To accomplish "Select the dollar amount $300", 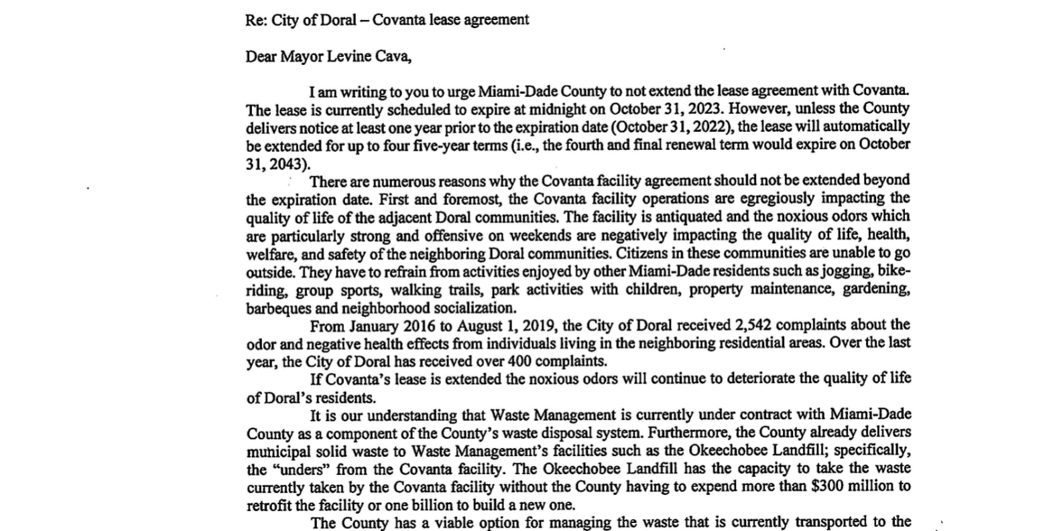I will coord(826,487).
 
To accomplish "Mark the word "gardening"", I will coord(875,290).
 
